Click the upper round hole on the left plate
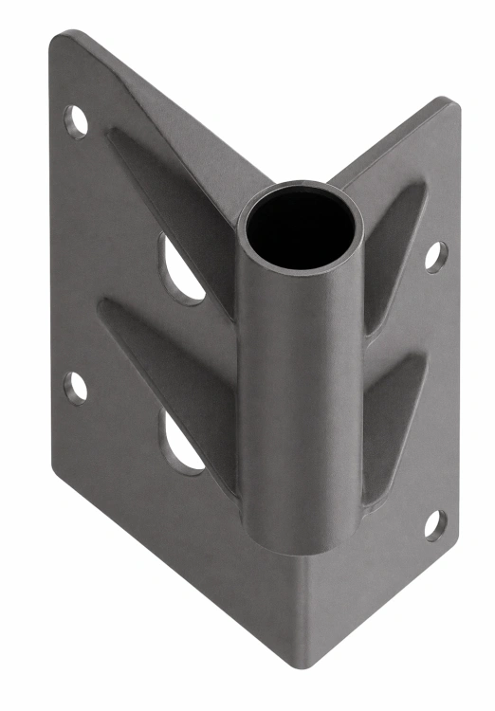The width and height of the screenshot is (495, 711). (x=76, y=121)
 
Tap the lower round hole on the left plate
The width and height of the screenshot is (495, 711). (x=75, y=388)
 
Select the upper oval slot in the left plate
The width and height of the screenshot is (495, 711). (x=180, y=270)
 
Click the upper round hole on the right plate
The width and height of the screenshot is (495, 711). (x=435, y=256)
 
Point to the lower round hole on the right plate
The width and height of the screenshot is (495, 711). (x=434, y=522)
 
